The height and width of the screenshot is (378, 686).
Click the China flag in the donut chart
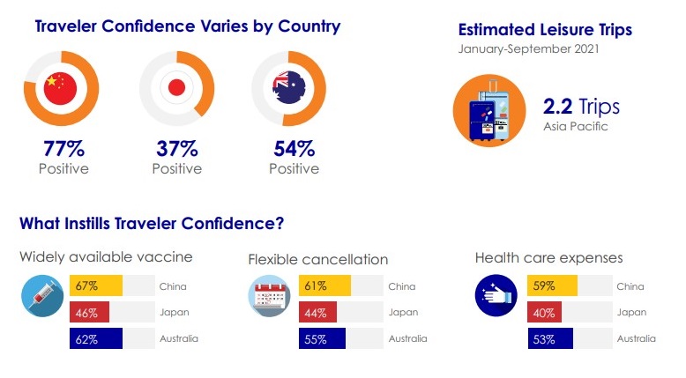(x=60, y=88)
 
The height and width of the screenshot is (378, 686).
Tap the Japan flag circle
(x=176, y=87)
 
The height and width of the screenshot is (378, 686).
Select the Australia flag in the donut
(x=288, y=87)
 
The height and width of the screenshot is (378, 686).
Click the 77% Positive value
(x=63, y=149)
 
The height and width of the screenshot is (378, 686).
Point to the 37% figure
(x=177, y=149)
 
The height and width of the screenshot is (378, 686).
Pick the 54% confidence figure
(x=294, y=149)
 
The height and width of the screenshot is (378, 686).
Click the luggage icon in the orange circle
(x=489, y=110)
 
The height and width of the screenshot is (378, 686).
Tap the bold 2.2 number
(x=558, y=107)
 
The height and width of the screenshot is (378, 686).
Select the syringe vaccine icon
(x=42, y=296)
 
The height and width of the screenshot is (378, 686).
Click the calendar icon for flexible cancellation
(x=269, y=296)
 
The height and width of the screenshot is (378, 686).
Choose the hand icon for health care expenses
(x=496, y=295)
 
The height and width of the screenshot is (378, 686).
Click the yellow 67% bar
(x=96, y=285)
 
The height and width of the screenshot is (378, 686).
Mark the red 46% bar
(x=89, y=313)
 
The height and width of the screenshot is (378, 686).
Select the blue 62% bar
(x=96, y=338)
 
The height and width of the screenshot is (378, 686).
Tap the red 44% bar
(x=317, y=313)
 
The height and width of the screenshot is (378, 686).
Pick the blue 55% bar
(x=322, y=338)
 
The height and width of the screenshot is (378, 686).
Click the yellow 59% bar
(x=552, y=285)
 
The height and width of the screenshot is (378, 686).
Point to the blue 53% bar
(x=550, y=338)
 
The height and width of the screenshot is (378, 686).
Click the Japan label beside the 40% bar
(x=631, y=313)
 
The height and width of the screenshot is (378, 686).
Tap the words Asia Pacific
(x=576, y=126)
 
